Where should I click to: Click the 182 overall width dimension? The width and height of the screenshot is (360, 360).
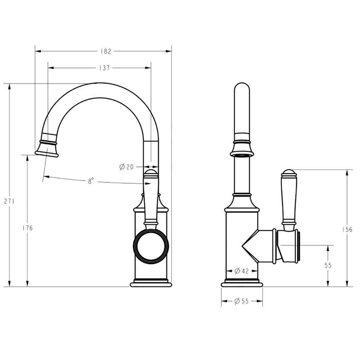click(x=105, y=51)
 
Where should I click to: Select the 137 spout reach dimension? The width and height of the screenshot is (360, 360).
click(x=104, y=68)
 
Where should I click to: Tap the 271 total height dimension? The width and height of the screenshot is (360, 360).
click(x=9, y=201)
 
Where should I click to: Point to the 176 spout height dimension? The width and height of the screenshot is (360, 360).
click(x=28, y=228)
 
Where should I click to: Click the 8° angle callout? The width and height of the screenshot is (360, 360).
click(x=91, y=181)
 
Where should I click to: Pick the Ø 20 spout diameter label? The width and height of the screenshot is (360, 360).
click(x=126, y=167)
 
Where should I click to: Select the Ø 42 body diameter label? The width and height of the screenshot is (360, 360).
click(x=242, y=271)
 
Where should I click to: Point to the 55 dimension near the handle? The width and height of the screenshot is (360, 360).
click(x=328, y=265)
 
